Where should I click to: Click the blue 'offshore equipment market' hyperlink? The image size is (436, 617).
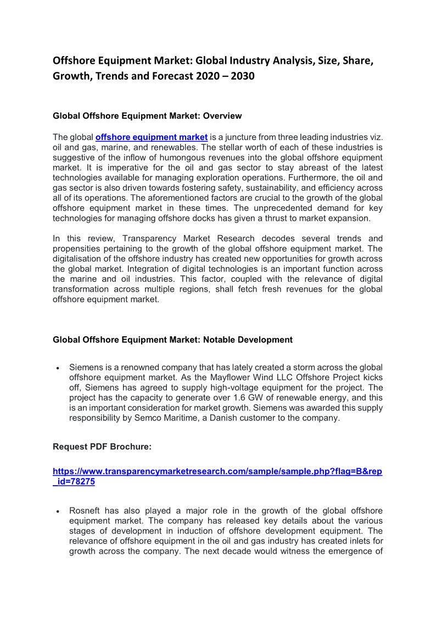tap(152, 137)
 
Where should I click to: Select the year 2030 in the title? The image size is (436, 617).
tap(243, 76)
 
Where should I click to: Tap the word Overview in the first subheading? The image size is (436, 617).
tap(222, 116)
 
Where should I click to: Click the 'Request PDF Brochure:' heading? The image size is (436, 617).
tap(102, 447)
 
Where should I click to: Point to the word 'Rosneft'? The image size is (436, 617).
tap(86, 511)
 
